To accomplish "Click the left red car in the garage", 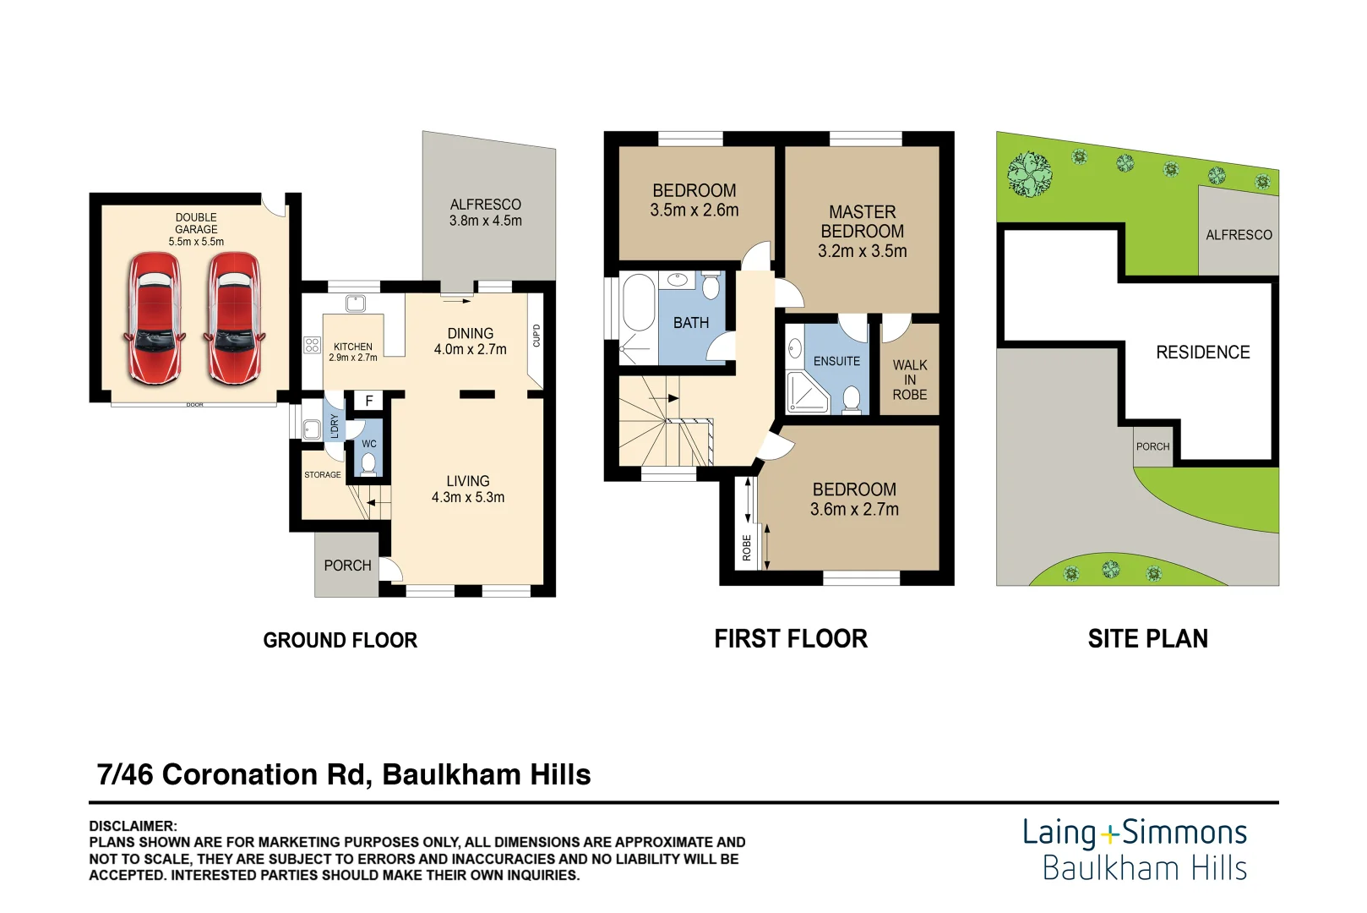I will pos(154,320).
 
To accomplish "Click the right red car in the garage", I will pos(233,320).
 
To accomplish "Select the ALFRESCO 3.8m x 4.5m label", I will pos(486,212).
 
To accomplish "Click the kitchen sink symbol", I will pos(355,303).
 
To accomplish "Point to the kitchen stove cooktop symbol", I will pos(312,345).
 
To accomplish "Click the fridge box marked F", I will pos(368,401).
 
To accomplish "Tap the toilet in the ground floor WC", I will pos(368,462).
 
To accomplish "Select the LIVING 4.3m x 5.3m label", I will pos(468,489).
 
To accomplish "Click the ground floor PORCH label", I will pos(347,566).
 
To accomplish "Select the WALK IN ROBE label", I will pos(909,380).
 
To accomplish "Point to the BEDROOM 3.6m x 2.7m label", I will pos(854,500).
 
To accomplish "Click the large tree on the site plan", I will pos(1030,174).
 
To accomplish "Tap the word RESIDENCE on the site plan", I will pos(1202,353).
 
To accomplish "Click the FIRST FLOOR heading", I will pos(790,639).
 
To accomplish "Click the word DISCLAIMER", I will pos(133,826).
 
